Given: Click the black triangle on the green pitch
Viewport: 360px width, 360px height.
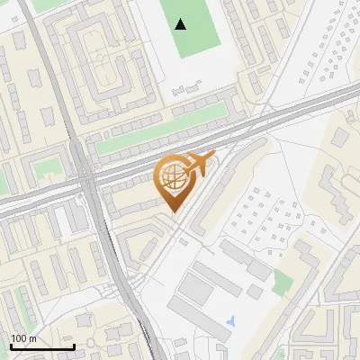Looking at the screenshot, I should (x=182, y=24).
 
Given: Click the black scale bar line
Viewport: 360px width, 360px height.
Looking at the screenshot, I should (x=41, y=347).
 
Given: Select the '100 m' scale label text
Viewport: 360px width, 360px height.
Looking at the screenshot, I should (x=23, y=338).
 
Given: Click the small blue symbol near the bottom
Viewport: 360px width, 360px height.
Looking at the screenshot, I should (x=232, y=320).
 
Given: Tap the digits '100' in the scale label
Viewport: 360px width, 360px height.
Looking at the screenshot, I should (x=19, y=338).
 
